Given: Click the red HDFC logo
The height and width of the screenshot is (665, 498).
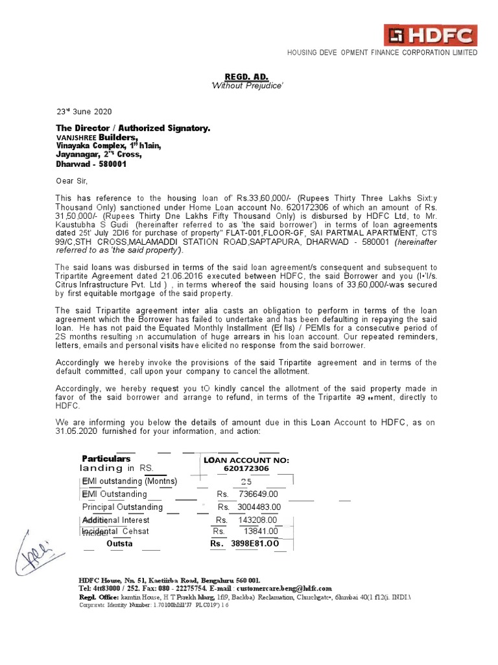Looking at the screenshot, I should tap(430, 35).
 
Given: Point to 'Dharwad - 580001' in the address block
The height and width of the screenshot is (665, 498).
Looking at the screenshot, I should tap(91, 164).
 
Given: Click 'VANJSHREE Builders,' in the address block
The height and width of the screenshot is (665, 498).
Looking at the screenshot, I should tap(97, 138).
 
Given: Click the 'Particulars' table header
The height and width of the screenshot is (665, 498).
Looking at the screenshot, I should tap(106, 458).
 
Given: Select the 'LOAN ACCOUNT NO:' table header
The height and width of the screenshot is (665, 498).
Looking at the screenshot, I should tap(246, 460).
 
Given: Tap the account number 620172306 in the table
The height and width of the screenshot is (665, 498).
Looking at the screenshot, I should tap(246, 468).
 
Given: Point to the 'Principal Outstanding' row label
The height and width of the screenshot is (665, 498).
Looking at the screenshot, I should tap(122, 507).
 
